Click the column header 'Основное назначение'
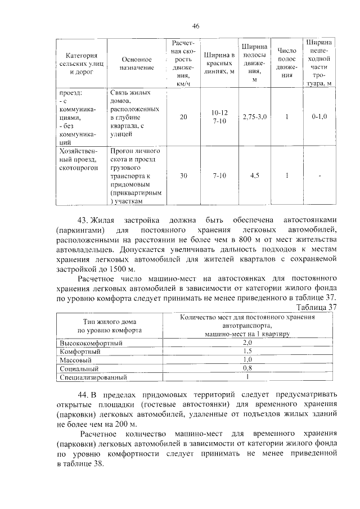pos(137,63)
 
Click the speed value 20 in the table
pos(184,116)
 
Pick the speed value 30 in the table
pos(184,176)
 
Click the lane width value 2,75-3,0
pos(255,116)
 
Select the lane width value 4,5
pos(255,176)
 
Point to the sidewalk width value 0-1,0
pos(319,116)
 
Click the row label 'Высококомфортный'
pos(91,343)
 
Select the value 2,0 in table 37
pos(247,343)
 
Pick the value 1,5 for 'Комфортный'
pos(247,351)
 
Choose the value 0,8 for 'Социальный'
pos(247,368)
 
